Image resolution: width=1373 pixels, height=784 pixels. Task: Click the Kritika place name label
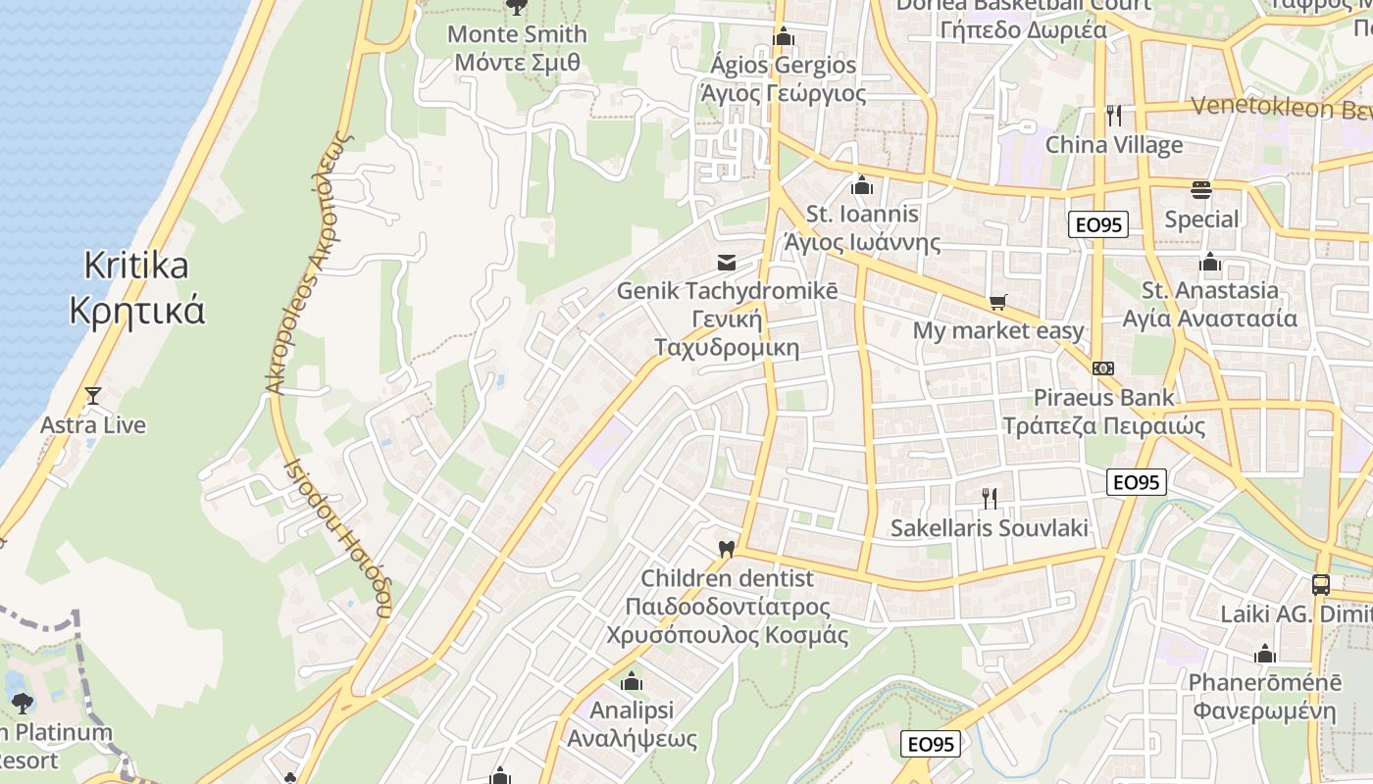point(136,266)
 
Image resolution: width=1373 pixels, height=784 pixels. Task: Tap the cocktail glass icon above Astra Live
point(93,396)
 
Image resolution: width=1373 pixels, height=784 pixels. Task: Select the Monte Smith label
point(517,34)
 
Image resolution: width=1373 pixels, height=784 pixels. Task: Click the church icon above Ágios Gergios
point(783,37)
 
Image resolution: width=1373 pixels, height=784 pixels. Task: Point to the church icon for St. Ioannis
point(862,184)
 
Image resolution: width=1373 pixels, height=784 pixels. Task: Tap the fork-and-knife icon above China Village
point(1113,116)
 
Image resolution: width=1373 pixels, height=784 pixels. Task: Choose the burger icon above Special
point(1201,190)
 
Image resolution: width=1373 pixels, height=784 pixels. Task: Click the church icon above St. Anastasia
point(1210,262)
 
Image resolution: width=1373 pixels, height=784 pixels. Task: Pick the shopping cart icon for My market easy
point(998,302)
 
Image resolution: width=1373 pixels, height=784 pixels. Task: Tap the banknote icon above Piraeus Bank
point(1103,368)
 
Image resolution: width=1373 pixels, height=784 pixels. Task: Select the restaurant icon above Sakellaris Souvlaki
point(990,499)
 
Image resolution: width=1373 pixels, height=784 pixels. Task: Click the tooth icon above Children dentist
point(727,549)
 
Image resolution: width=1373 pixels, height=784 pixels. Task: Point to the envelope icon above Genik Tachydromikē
point(727,263)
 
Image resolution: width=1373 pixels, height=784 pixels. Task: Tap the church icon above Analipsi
point(632,680)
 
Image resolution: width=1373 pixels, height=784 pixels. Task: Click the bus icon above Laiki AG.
point(1321,585)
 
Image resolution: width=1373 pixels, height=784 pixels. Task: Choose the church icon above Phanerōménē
point(1265,654)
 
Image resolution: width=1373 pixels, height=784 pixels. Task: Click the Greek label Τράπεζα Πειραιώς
point(1103,426)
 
